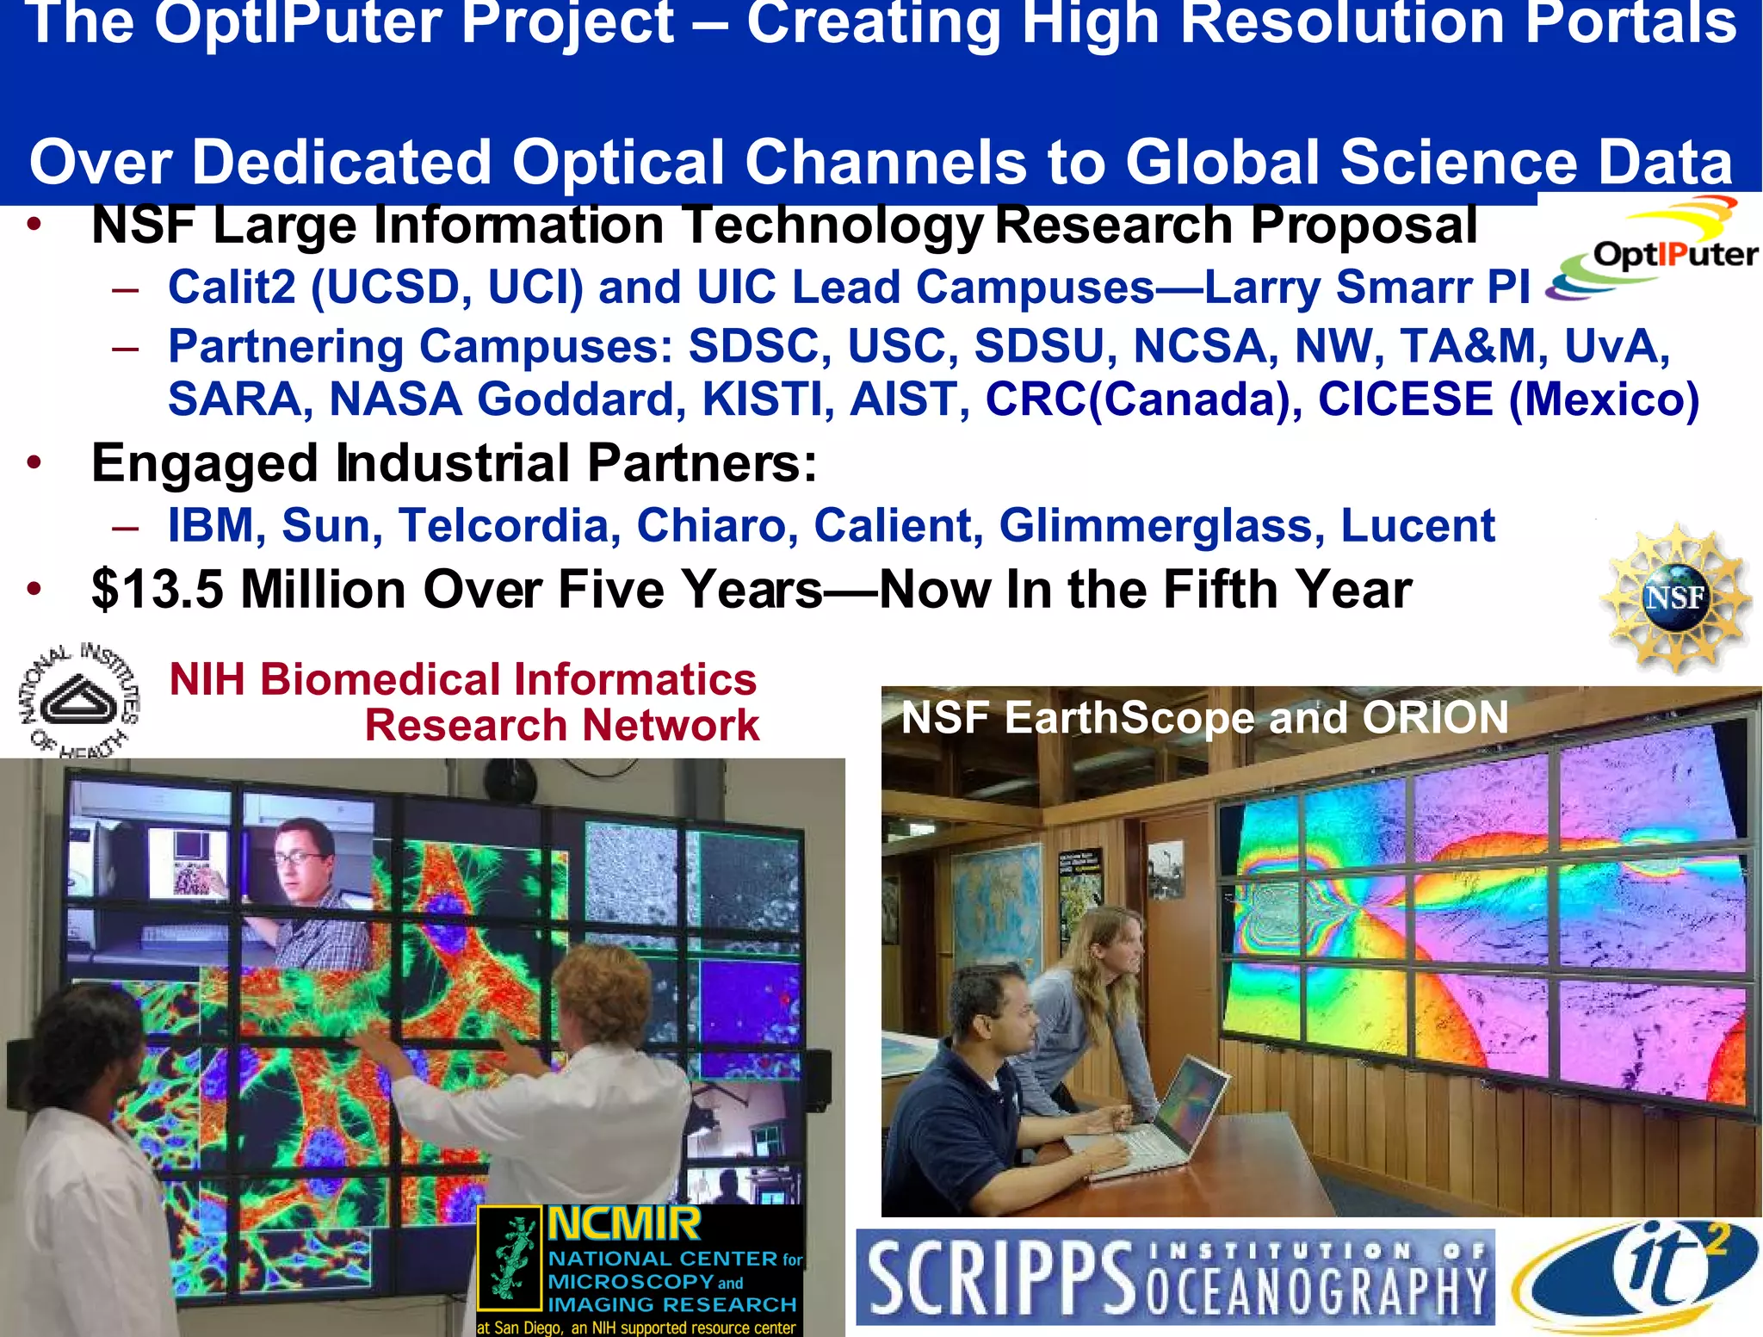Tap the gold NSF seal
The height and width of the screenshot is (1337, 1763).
1674,597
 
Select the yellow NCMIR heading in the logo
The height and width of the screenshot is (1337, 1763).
624,1223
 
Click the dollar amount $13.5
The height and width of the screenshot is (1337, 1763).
158,591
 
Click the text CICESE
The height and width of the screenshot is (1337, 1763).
1405,399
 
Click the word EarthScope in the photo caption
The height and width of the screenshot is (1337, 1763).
1129,717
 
